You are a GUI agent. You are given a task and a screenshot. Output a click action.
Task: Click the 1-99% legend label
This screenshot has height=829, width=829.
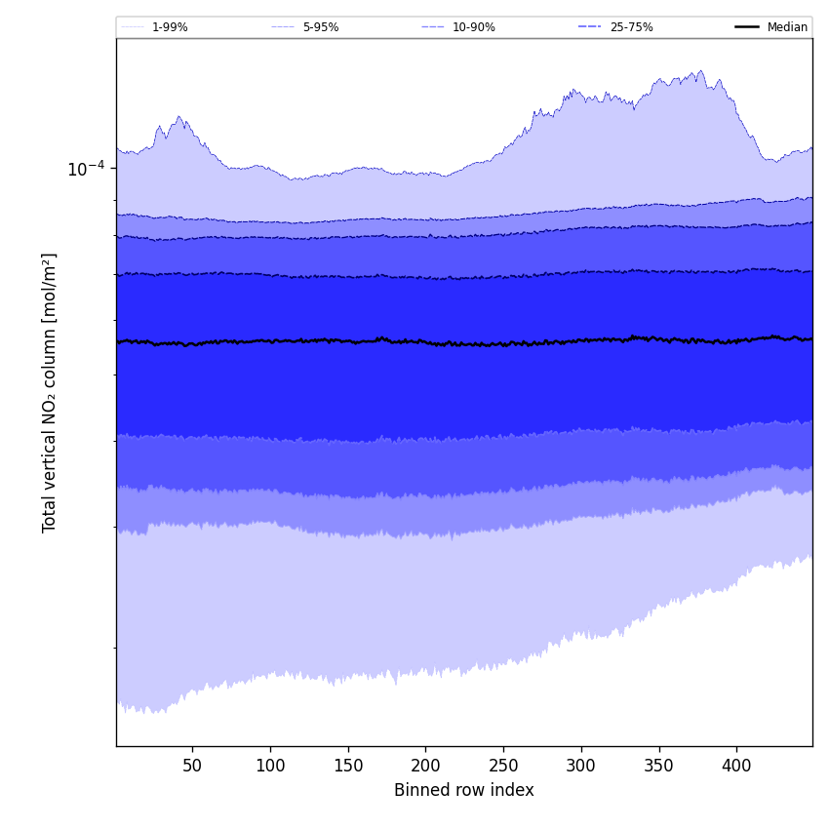(170, 27)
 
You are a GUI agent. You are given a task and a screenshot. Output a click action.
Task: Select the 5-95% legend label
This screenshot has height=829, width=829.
(321, 27)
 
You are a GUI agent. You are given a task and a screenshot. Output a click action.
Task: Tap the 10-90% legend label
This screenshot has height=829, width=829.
(473, 27)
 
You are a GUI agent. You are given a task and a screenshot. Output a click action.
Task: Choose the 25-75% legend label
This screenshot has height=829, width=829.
(631, 27)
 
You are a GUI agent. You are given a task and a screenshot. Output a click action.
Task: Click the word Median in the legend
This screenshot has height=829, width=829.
(787, 27)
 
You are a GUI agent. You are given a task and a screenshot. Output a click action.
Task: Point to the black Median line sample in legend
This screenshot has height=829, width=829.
(747, 27)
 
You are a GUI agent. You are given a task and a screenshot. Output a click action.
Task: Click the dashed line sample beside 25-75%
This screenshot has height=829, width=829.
(590, 27)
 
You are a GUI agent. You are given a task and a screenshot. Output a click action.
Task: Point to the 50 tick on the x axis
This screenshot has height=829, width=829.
(192, 766)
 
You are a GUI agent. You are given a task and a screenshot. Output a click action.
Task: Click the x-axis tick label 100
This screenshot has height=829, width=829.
(270, 766)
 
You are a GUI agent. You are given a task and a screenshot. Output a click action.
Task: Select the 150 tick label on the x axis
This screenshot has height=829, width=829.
(348, 766)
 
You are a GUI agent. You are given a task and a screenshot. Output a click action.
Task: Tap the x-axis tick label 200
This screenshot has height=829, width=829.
(425, 766)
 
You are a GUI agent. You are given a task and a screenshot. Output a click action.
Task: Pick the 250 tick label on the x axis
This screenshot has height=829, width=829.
(503, 766)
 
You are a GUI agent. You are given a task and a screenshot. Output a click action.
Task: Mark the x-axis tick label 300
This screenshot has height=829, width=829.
(581, 766)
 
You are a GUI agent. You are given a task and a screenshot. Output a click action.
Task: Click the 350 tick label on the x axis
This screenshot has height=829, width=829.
(659, 766)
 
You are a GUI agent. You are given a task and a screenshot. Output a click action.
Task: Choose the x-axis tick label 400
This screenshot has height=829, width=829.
(736, 766)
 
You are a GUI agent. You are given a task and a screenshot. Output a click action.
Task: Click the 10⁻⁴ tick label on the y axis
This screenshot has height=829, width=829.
(85, 168)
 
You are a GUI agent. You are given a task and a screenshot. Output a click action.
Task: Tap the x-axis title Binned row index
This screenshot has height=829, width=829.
(464, 790)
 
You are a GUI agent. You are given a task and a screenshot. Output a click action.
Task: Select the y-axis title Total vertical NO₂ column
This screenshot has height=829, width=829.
(50, 392)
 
